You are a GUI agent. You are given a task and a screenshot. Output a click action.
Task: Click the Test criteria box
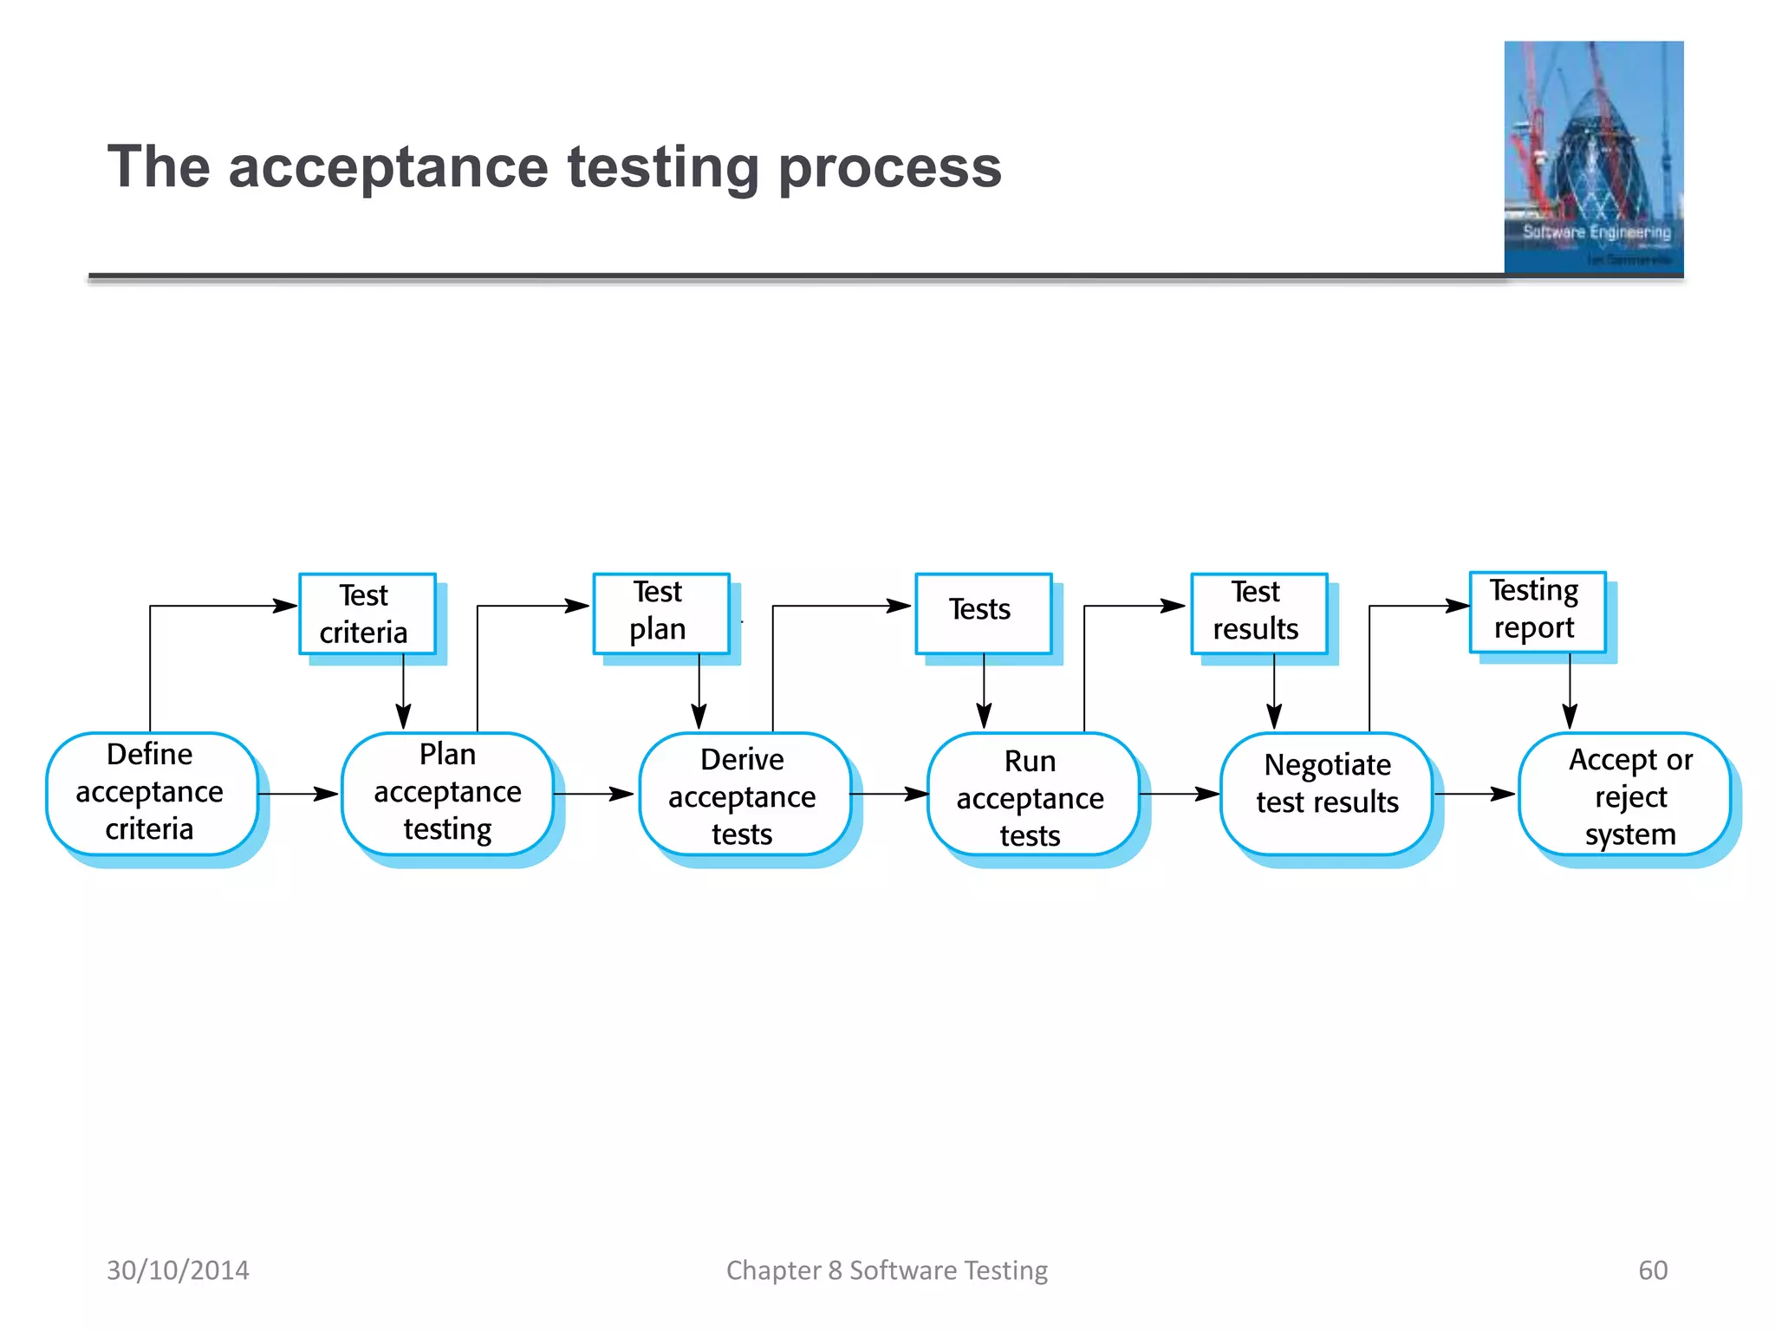[x=367, y=614]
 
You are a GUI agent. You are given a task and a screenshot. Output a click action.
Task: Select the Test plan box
[x=661, y=612]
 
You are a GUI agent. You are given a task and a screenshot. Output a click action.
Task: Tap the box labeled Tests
[x=983, y=612]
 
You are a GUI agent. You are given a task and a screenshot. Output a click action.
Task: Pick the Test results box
[x=1258, y=612]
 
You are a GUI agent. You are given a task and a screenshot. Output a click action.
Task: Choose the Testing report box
[x=1537, y=610]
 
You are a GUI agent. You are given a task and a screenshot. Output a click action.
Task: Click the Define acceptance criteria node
[x=152, y=793]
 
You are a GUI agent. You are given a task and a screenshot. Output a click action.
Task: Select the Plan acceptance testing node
[x=448, y=793]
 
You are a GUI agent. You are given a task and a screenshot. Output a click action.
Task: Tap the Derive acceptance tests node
[x=744, y=795]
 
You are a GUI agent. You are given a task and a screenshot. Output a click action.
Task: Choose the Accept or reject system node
[x=1624, y=795]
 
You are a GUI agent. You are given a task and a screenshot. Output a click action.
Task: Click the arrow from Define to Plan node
[x=298, y=794]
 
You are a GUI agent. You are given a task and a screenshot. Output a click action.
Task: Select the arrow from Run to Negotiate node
[x=1179, y=794]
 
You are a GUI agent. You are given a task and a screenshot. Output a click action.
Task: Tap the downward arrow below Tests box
[x=984, y=693]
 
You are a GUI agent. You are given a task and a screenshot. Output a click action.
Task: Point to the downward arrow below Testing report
[x=1570, y=693]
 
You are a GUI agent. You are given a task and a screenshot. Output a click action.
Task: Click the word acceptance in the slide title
[x=387, y=166]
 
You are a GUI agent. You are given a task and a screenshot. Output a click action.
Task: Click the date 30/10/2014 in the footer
[x=178, y=1270]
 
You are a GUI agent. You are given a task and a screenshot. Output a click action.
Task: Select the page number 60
[x=1652, y=1270]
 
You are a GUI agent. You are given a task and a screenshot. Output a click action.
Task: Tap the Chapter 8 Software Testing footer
[x=887, y=1270]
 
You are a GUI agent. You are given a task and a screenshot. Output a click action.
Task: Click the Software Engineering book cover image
[x=1593, y=158]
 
